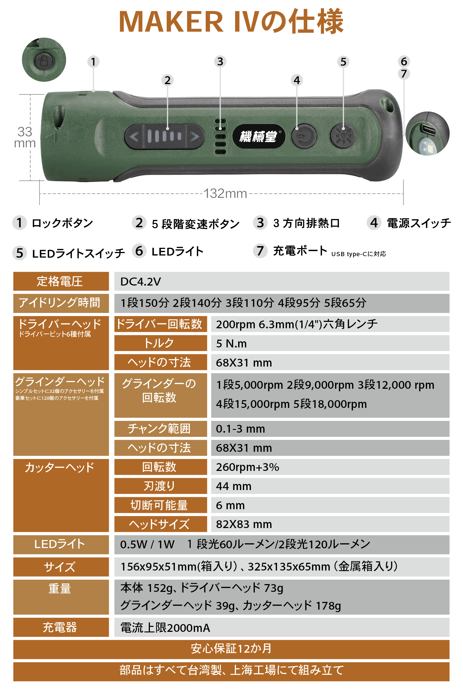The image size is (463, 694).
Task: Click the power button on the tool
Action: [304, 136]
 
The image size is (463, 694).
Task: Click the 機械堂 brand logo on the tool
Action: [259, 136]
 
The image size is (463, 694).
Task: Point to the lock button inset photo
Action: [44, 60]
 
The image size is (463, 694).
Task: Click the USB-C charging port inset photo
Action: [427, 133]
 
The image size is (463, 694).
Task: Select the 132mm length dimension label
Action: [226, 194]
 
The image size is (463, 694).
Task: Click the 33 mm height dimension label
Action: [25, 137]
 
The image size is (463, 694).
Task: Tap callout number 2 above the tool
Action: [167, 80]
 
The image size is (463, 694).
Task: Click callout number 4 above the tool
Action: [297, 80]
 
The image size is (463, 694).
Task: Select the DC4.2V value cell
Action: [282, 281]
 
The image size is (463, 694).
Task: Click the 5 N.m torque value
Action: [231, 344]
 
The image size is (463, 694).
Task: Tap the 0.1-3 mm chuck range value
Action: [240, 429]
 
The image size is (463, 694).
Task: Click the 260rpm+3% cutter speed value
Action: [247, 467]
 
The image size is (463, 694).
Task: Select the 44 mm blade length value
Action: [233, 486]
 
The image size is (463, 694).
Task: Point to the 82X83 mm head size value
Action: [244, 524]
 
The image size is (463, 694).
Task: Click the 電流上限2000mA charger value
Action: [165, 628]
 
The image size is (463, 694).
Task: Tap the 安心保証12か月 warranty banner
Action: [231, 649]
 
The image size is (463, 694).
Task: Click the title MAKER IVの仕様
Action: [231, 21]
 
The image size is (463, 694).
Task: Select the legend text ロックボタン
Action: [62, 223]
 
